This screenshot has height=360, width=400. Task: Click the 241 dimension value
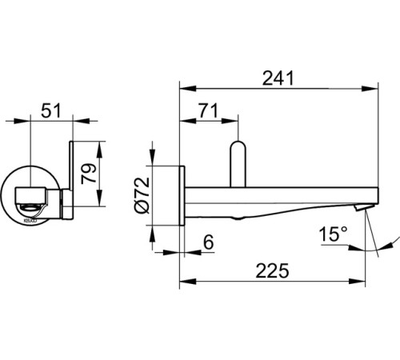point(278,78)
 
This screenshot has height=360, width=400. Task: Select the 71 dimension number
point(208,110)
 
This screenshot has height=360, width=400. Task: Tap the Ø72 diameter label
point(142,195)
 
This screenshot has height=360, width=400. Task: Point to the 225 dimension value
point(272,270)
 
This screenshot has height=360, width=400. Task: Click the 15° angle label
point(333,234)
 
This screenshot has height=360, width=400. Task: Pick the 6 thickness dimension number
point(209,242)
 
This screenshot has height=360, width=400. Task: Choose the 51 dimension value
point(51,110)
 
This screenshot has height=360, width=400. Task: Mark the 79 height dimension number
point(89,174)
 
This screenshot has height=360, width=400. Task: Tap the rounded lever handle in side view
point(238,164)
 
